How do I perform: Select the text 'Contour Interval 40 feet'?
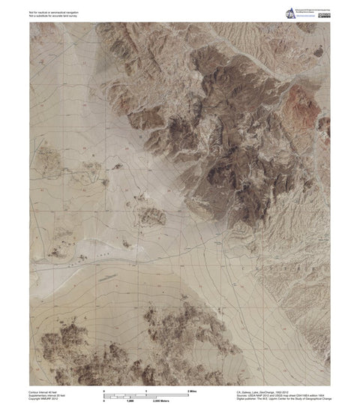tap(44, 391)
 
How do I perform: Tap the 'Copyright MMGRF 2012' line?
tap(44, 398)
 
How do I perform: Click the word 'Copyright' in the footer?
tap(35, 398)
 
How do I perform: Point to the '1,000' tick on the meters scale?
tap(130, 400)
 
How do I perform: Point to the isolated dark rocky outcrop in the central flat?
tap(152, 217)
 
